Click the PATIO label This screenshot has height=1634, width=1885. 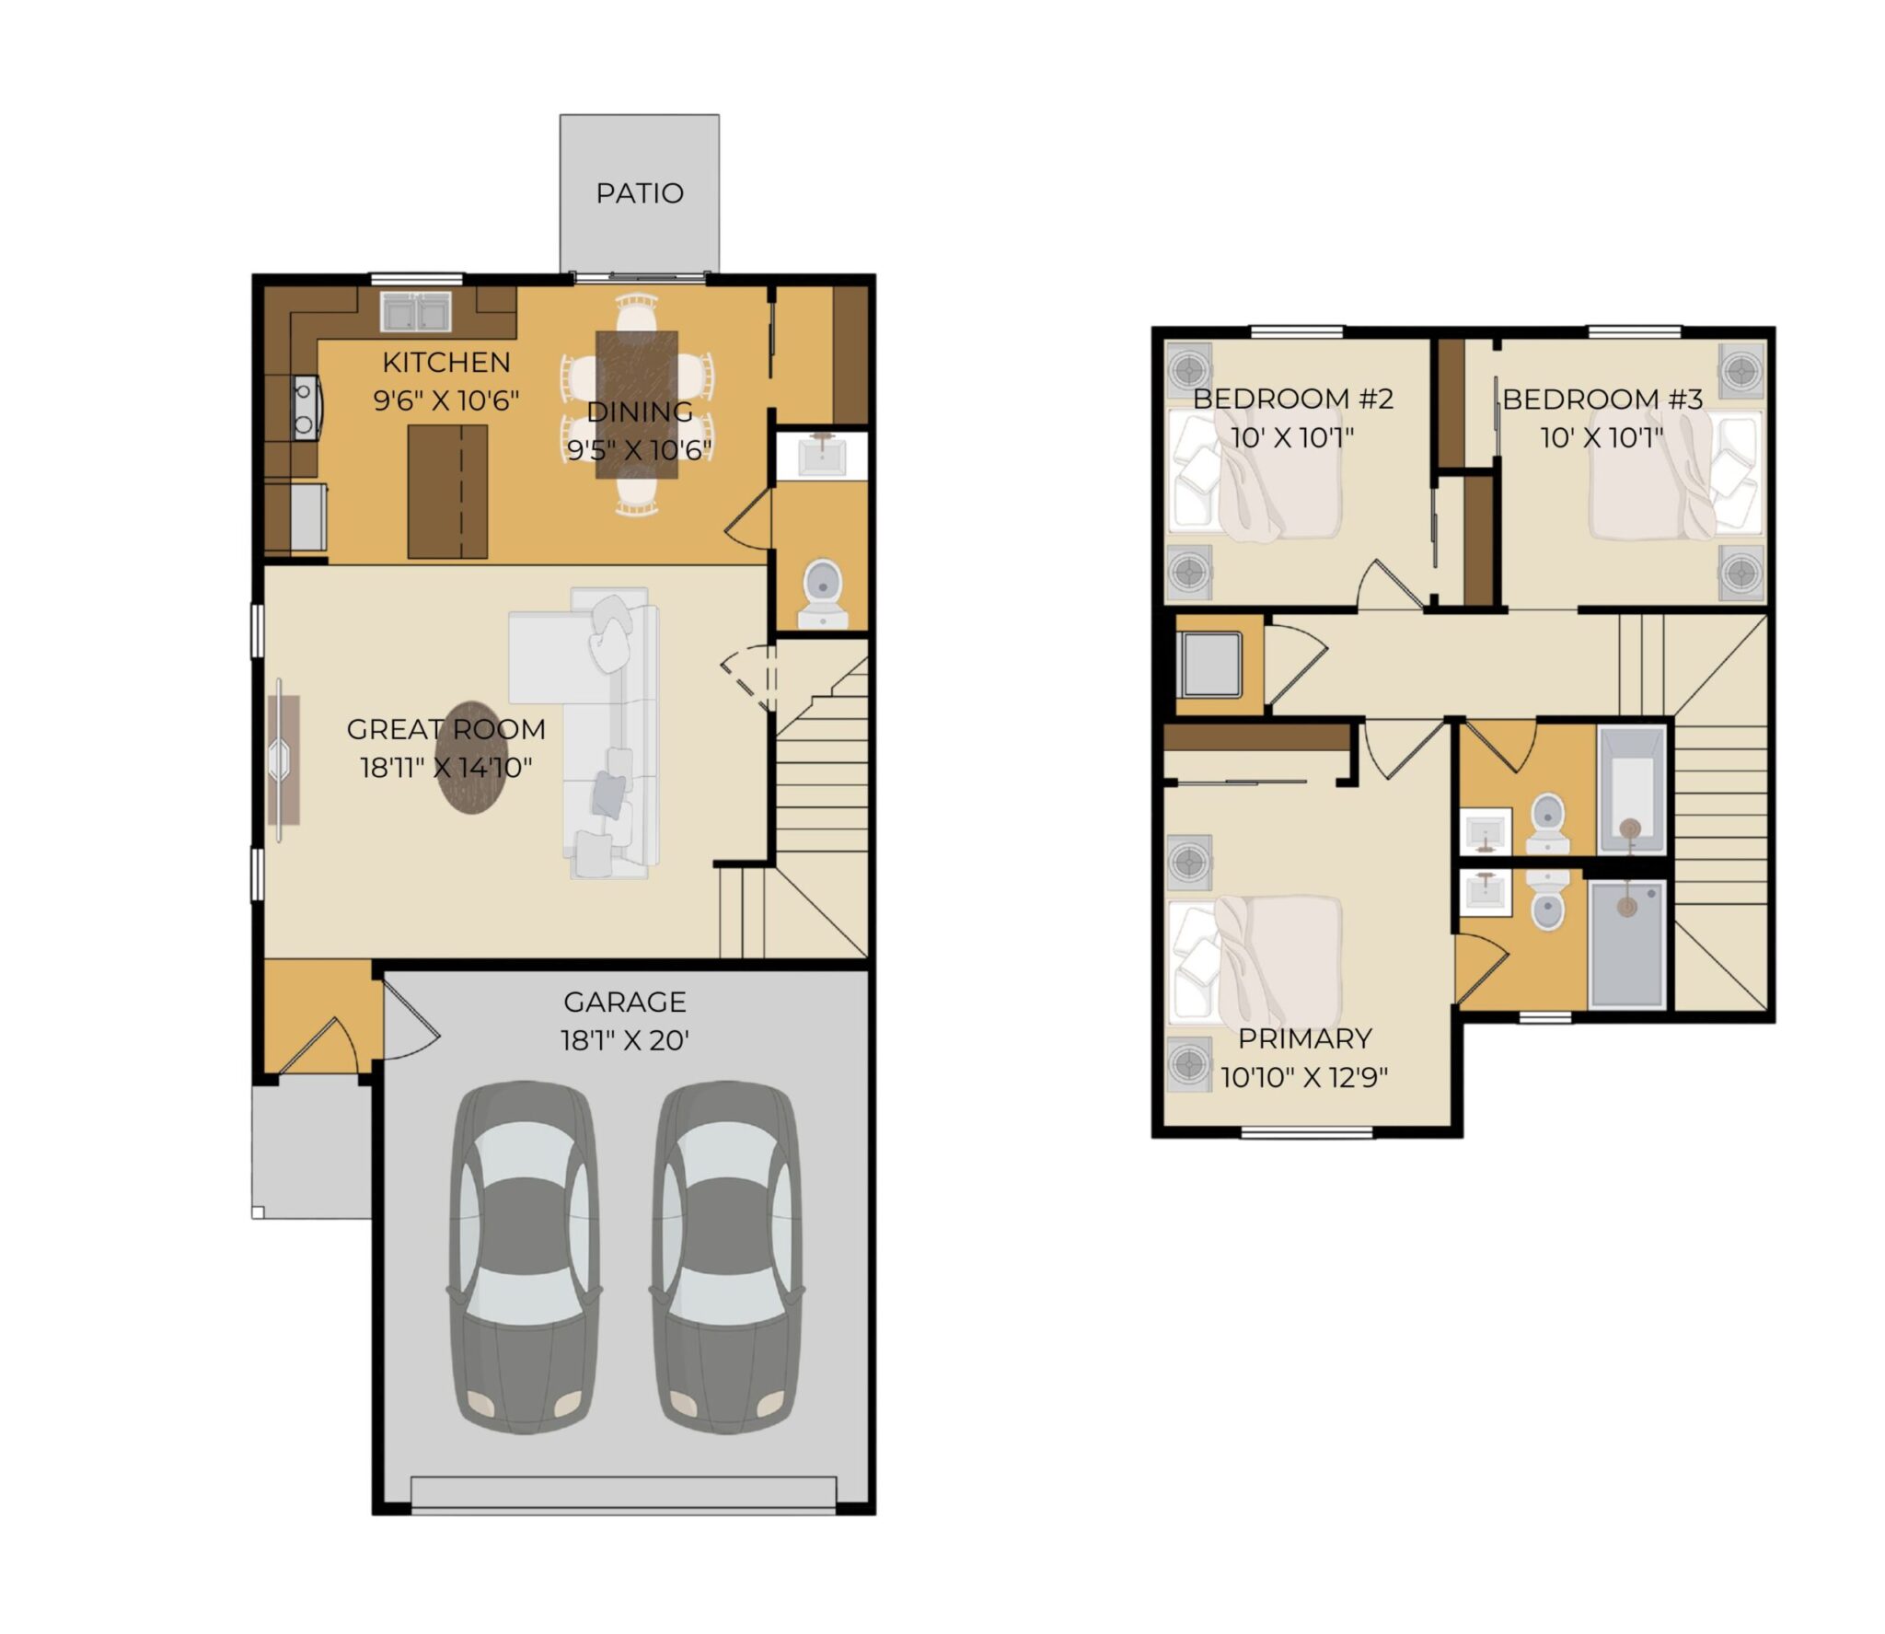640,193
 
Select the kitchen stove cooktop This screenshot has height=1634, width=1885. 305,408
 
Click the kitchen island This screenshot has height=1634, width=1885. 447,491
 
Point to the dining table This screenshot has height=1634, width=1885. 637,405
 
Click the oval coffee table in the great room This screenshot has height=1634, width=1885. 472,757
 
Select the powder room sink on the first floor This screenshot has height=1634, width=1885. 821,455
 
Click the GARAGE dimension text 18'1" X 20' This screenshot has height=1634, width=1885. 625,1040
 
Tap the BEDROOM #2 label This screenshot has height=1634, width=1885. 1293,399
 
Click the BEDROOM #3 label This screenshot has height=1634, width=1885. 1602,399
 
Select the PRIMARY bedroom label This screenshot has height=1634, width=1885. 1305,1038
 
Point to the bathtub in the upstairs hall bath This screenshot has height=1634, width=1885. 1632,790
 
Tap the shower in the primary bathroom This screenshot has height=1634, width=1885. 1627,944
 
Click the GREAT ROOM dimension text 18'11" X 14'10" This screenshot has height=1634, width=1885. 446,767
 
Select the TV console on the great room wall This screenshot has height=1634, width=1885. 283,760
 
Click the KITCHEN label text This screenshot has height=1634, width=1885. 446,363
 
